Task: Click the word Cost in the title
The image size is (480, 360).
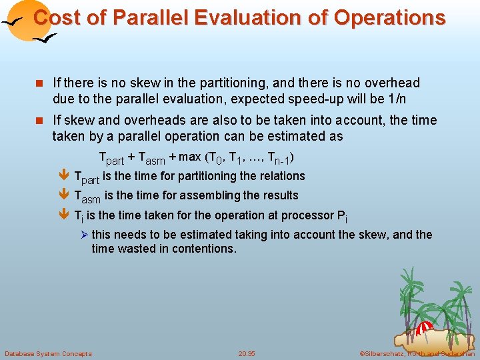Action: pos(52,18)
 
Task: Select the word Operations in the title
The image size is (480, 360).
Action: pos(389,18)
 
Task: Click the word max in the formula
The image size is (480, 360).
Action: pos(190,157)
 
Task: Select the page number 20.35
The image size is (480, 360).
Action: pos(246,353)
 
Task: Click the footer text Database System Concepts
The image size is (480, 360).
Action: pos(48,353)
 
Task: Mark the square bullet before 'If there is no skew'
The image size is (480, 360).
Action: pos(41,83)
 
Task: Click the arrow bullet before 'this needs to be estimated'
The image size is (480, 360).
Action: pos(84,235)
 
